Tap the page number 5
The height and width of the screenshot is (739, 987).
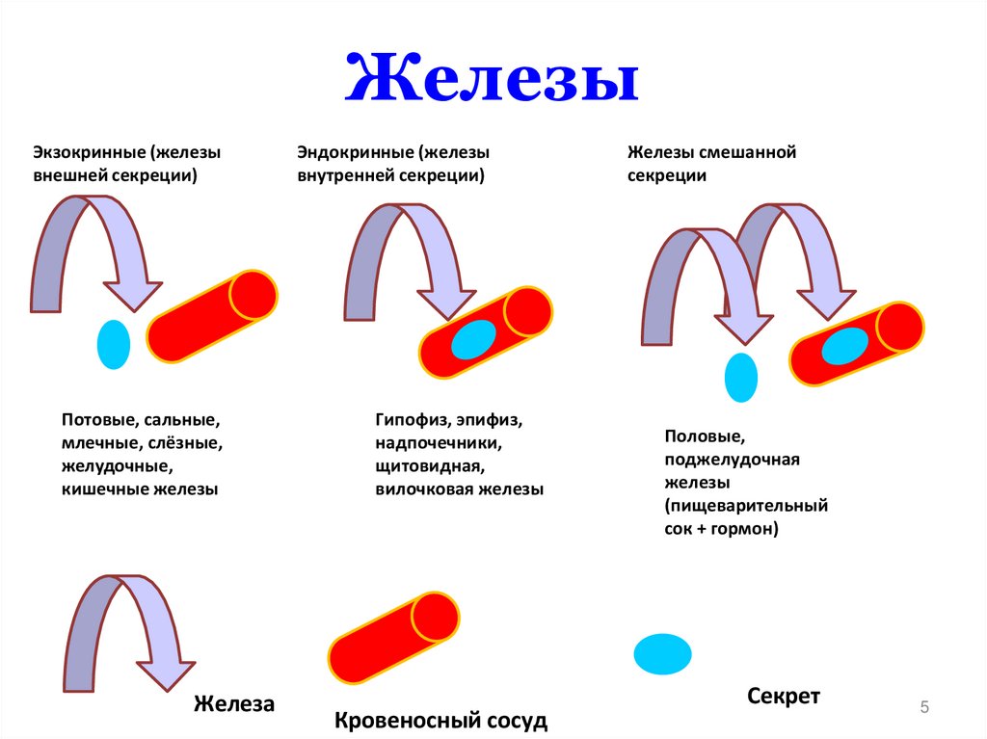coord(924,708)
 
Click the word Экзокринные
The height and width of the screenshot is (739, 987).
coord(89,152)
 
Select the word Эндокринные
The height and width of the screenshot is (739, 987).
coord(354,152)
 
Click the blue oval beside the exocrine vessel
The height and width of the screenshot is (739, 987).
coord(114,344)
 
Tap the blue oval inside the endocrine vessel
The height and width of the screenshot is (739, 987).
coord(473,340)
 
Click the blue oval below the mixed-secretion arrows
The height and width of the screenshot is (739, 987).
coord(740,377)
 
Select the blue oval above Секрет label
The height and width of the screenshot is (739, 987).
coord(662,654)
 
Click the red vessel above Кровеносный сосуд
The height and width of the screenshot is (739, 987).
coord(392,639)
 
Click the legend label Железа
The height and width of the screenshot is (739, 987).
coord(234,704)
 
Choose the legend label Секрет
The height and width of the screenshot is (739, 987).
coord(783,696)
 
